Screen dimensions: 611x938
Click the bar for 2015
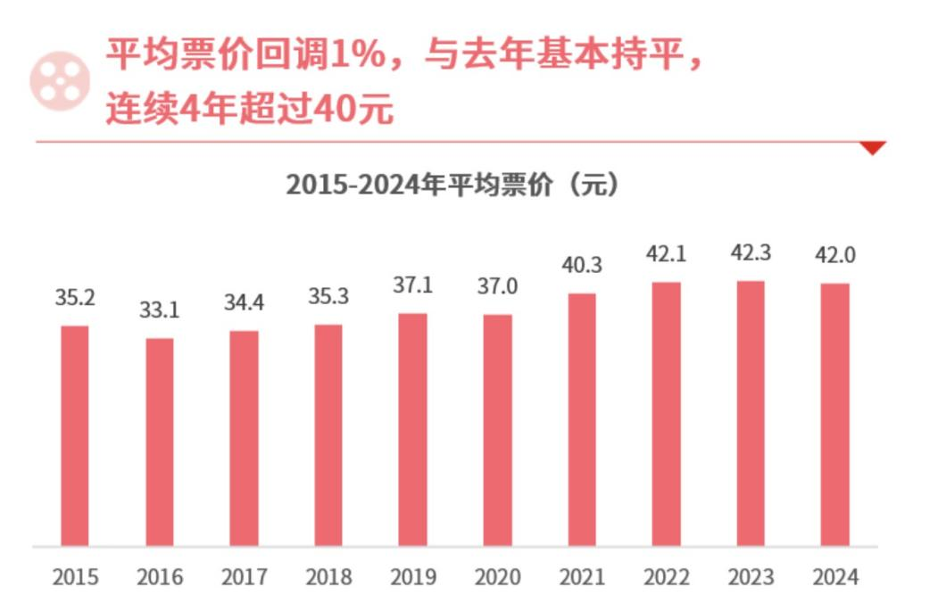click(x=75, y=435)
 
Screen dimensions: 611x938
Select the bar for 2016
click(x=160, y=442)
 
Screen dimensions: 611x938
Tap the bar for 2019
click(x=412, y=429)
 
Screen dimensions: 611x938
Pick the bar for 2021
click(x=581, y=419)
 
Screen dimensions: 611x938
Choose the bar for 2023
click(x=751, y=413)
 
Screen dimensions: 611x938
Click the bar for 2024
click(x=835, y=414)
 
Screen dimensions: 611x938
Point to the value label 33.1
click(x=159, y=311)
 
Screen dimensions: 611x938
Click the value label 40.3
click(x=581, y=266)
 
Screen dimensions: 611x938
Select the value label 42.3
click(x=751, y=253)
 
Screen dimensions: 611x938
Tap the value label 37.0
click(x=496, y=287)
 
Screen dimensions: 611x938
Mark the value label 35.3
click(x=328, y=298)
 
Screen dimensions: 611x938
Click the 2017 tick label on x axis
click(x=244, y=578)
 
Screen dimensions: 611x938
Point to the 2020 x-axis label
click(x=496, y=578)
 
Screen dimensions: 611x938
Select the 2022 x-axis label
click(x=666, y=578)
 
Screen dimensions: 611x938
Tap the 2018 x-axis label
click(x=328, y=578)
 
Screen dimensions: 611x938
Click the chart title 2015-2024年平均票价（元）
click(x=452, y=186)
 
